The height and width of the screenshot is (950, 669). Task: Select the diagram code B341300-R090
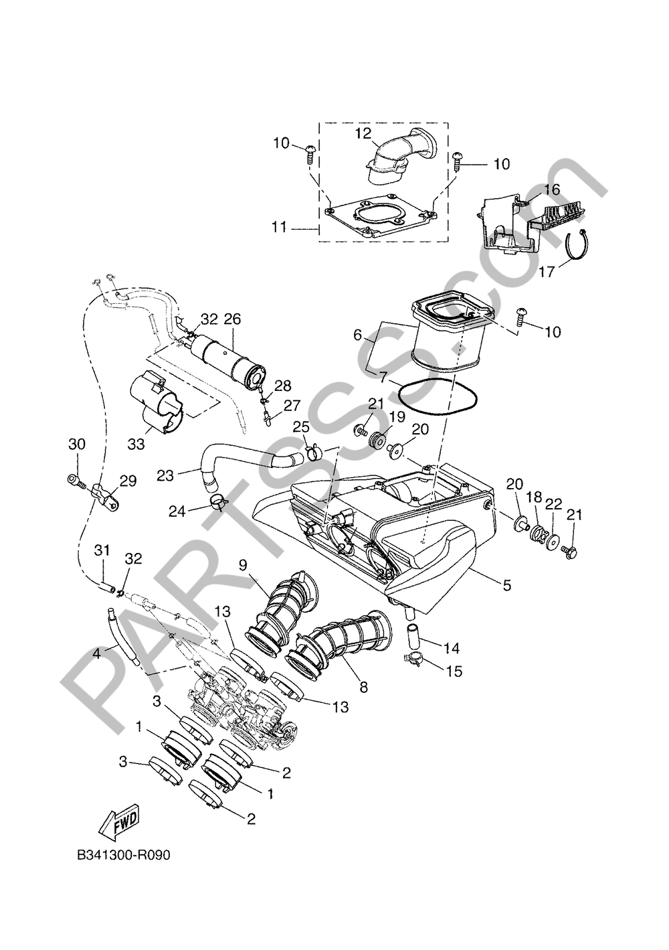pos(120,856)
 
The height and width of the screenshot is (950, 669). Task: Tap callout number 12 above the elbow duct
pos(363,134)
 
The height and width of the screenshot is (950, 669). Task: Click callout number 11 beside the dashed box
pos(279,228)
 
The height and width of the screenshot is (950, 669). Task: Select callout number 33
pos(136,443)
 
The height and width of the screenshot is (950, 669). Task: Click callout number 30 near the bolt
pos(78,444)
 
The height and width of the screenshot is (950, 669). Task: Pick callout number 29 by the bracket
pos(128,480)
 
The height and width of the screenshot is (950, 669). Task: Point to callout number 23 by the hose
pos(165,475)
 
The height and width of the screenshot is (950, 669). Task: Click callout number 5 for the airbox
pos(506,584)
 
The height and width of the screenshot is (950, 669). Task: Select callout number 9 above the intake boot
pos(243,564)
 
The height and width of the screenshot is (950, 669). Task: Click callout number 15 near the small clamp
pos(454,671)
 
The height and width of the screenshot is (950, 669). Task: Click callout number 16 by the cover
pos(551,189)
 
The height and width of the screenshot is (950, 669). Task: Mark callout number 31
pos(102,550)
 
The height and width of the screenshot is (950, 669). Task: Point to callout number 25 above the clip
pos(301,426)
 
